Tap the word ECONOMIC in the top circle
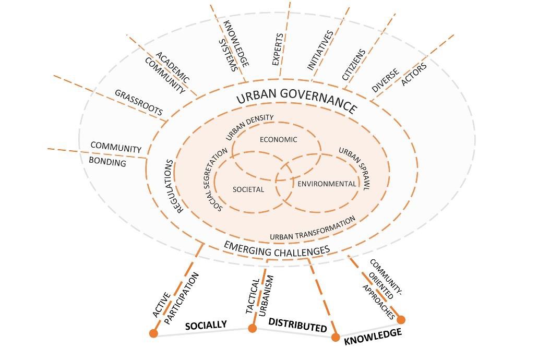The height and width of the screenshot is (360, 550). pos(279,140)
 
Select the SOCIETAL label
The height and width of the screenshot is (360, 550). pos(248,189)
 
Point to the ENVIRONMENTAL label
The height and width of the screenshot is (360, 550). pos(327,184)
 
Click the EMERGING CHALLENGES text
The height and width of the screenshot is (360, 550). pos(277,249)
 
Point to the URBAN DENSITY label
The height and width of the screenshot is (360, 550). pos(249,127)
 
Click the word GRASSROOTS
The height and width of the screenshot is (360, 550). pos(139,102)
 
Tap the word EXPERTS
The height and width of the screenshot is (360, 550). pos(278,50)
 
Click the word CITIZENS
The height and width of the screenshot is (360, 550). pos(354,65)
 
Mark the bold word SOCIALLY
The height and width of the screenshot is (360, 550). pos(206,325)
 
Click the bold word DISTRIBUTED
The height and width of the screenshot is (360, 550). pos(298,325)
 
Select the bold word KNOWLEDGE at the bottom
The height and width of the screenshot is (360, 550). pos(373,337)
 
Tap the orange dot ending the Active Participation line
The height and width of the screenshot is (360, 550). pos(153,333)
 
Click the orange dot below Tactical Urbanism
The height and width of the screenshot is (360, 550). pos(252,328)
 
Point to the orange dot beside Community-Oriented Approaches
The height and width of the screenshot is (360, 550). pos(401,320)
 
